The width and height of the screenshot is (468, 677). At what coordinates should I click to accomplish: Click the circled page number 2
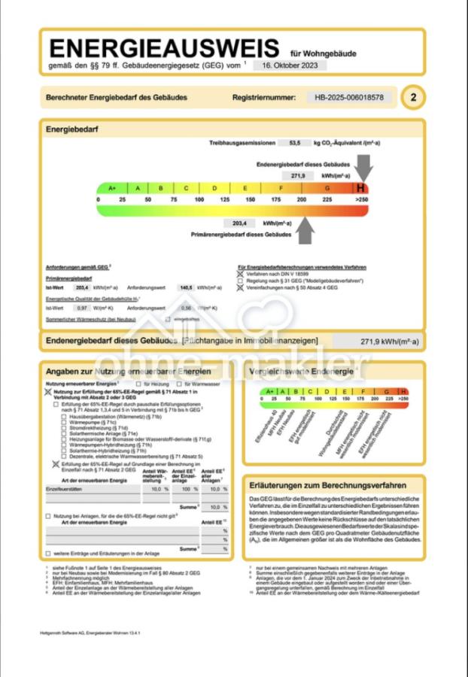[x=412, y=98]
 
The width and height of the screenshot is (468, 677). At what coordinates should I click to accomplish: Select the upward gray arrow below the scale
[x=304, y=230]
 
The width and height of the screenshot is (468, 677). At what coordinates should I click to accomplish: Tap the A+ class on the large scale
[x=112, y=188]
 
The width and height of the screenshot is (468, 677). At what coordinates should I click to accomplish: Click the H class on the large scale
[x=361, y=188]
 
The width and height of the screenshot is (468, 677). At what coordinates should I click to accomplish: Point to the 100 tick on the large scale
[x=199, y=200]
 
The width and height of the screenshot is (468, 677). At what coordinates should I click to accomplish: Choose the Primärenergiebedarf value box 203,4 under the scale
[x=240, y=223]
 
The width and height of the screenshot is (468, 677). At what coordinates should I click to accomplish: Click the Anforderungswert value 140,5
[x=186, y=287]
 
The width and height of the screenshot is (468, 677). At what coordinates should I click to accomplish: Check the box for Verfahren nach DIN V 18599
[x=241, y=274]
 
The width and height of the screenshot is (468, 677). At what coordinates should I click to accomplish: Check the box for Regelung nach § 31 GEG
[x=241, y=281]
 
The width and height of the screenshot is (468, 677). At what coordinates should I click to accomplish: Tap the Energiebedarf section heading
[x=72, y=129]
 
